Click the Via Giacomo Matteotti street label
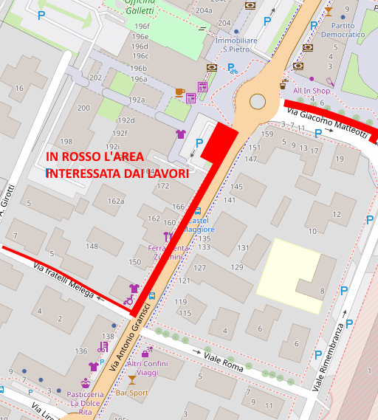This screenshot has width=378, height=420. pos(326,123)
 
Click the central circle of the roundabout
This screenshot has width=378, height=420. pos(257,101)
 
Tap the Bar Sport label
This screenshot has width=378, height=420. pos(133,393)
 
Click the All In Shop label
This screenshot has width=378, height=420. pos(311,91)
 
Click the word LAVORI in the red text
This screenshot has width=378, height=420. pos(164,173)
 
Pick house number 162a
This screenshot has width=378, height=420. pos(116,201)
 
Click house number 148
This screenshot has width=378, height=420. pos(92,246)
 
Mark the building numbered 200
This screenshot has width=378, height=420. pos(83,108)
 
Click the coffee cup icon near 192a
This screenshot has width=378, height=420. pos(179,92)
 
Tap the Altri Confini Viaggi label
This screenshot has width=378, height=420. pos(148,368)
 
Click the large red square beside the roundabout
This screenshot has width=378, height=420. pos(219,141)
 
